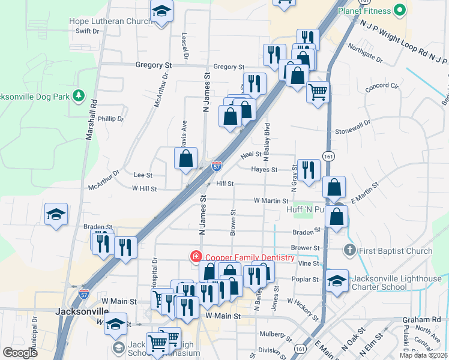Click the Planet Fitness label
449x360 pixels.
pos(364,10)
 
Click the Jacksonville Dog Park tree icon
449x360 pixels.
pos(77,95)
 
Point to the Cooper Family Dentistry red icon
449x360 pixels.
pos(196,257)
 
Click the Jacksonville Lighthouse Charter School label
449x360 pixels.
pos(394,283)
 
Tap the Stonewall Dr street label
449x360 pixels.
pos(353,130)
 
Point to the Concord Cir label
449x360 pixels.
pos(382,86)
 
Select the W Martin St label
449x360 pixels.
pos(271,200)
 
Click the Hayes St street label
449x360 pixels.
pos(264,170)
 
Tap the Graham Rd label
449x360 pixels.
pos(428,319)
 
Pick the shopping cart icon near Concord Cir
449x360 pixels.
pos(318,92)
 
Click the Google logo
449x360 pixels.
pos(20,353)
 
